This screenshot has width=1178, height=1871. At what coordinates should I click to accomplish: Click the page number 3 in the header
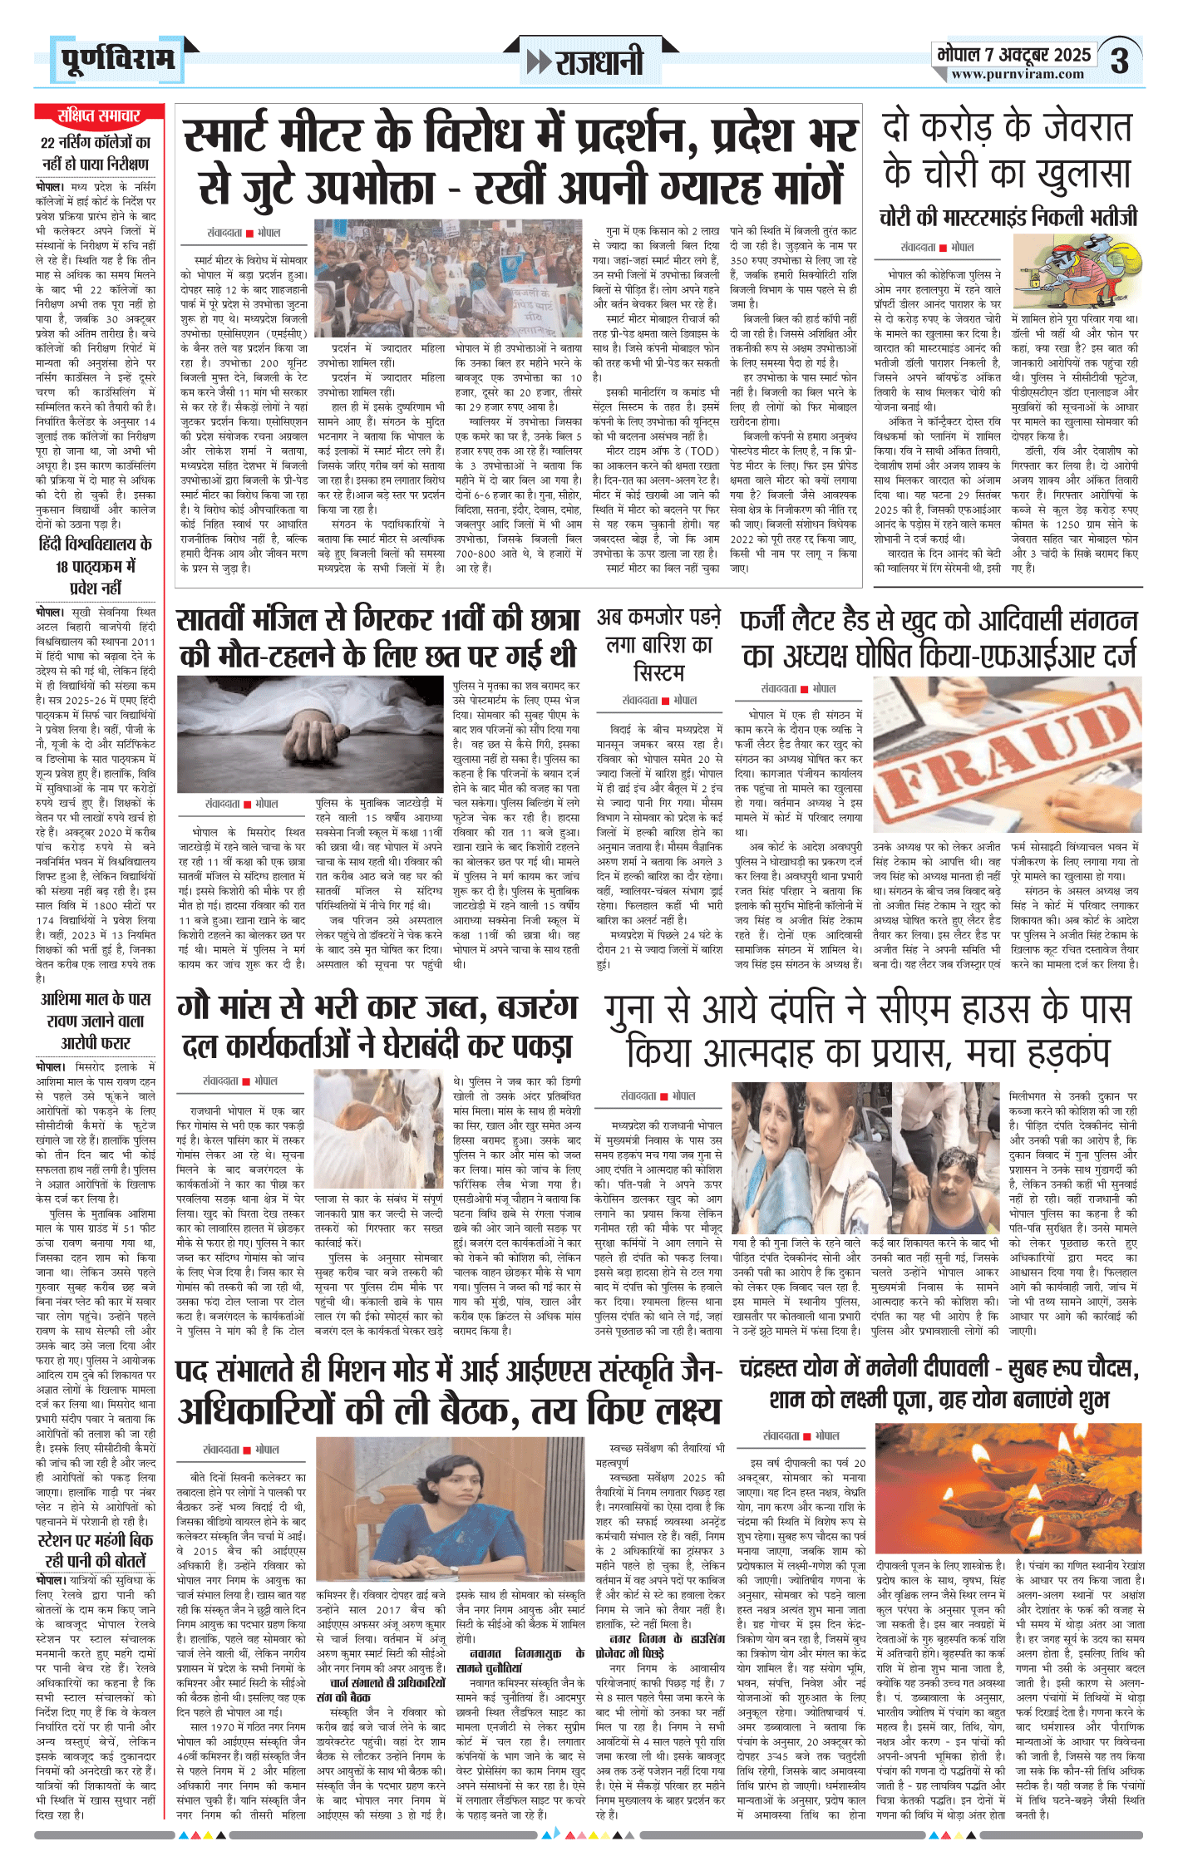[1121, 60]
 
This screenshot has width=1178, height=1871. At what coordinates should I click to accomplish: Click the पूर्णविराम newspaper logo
[117, 59]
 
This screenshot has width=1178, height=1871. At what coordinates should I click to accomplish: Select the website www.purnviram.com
[1017, 74]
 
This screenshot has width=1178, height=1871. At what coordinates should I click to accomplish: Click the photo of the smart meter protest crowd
[448, 278]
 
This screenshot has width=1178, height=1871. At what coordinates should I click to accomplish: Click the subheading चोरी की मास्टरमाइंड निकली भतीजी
[1008, 218]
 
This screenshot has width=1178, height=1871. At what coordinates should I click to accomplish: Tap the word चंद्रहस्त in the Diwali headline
[780, 1368]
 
